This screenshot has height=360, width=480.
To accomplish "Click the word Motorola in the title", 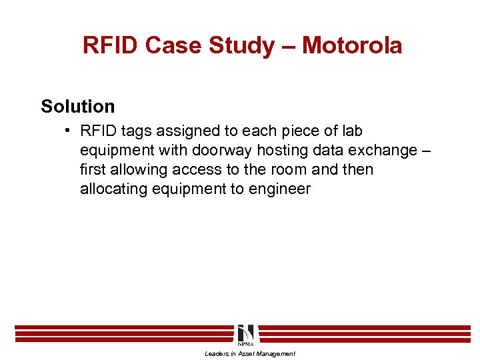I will [352, 45].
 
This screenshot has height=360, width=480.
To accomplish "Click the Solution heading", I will [78, 106].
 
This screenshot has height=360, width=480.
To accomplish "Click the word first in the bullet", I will [92, 170].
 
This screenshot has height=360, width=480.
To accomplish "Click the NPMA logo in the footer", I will [245, 334].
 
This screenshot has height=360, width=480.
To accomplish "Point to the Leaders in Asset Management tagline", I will [249, 354].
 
